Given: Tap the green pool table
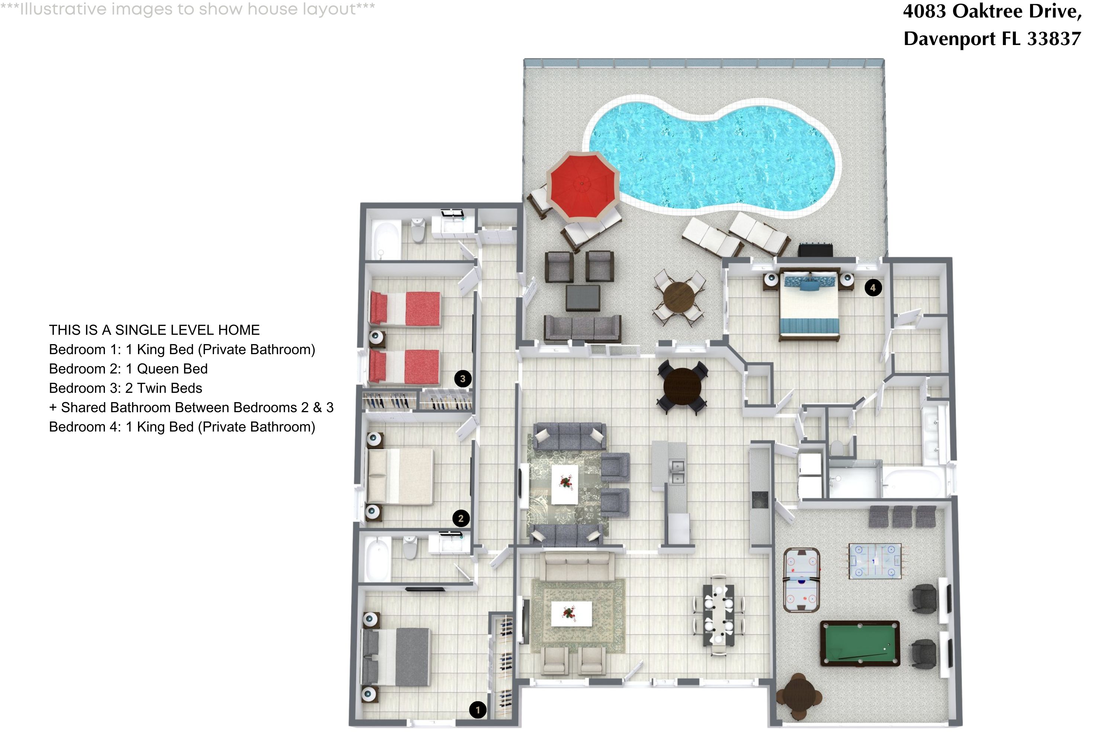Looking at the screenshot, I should tap(859, 644).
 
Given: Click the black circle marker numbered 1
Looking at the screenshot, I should tap(477, 710).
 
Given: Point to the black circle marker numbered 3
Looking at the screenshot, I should tap(463, 379).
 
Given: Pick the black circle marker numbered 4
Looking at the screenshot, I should tap(873, 288).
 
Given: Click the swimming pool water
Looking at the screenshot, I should tap(712, 157).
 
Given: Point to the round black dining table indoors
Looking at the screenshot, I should tap(682, 386).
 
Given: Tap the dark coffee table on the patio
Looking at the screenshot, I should tap(582, 298).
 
